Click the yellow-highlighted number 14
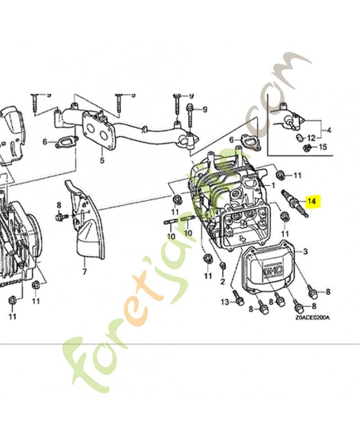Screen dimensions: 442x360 (x=312, y=202)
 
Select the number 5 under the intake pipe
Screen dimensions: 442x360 (x=102, y=161)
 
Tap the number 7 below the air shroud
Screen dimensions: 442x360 (x=84, y=272)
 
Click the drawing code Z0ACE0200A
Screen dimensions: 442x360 (x=312, y=318)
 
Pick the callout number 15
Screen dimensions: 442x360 (x=324, y=147)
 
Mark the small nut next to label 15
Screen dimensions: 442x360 (x=307, y=148)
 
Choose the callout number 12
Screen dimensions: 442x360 (x=311, y=138)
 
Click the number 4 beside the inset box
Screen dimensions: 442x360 (x=330, y=131)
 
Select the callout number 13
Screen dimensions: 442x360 (x=225, y=302)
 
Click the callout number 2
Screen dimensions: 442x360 (x=223, y=282)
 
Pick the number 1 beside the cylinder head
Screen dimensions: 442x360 (x=273, y=185)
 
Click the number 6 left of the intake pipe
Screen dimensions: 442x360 (x=45, y=142)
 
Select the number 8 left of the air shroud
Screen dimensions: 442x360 (x=59, y=207)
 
